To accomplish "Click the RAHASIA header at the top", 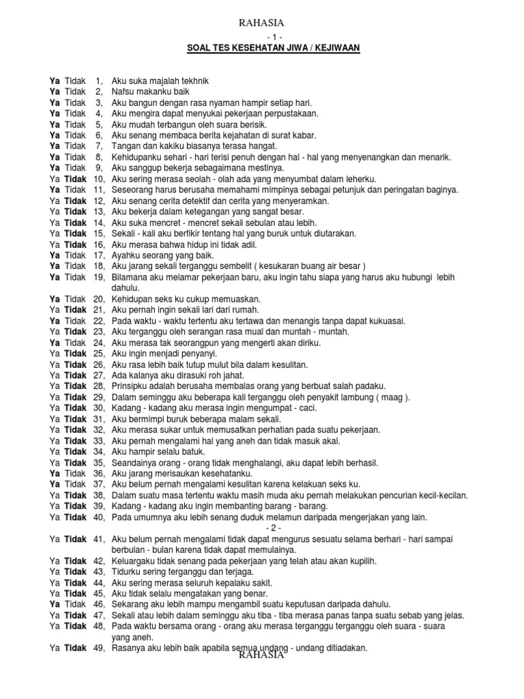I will point(262,23).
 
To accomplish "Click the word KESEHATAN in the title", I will point(257,48).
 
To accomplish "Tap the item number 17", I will point(98,255).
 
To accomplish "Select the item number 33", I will point(98,441).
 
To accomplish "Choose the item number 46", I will point(98,605).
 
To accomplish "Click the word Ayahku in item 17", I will point(126,255).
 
